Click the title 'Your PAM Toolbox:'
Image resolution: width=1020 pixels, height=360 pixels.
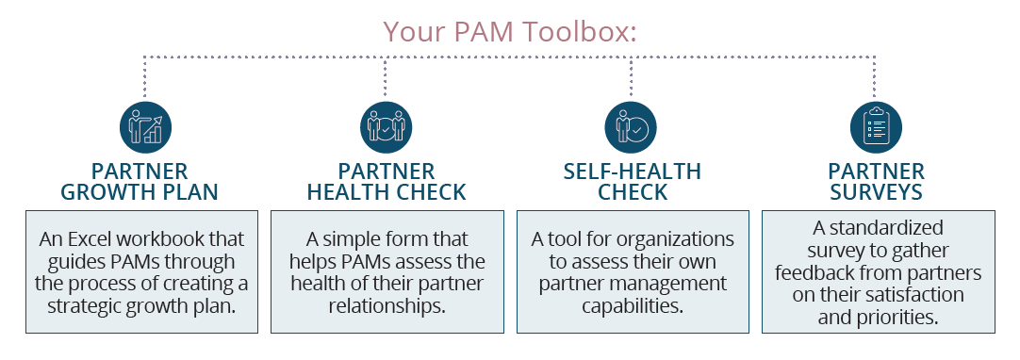[x=510, y=31]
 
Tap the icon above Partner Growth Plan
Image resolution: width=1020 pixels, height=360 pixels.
[x=144, y=127]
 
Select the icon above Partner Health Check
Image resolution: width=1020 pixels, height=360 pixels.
[x=385, y=127]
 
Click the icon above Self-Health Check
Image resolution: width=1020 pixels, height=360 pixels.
[x=630, y=127]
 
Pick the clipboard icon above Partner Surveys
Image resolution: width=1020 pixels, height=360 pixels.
[x=876, y=127]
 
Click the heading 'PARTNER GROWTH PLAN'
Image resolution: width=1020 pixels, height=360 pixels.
[x=140, y=183]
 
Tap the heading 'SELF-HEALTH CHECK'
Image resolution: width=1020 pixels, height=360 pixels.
[x=632, y=183]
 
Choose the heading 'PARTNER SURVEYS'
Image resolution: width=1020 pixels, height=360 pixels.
[x=876, y=183]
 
